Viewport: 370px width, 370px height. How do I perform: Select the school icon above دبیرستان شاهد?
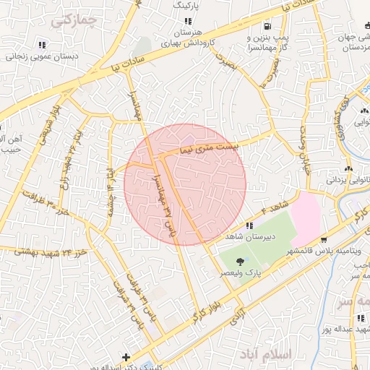(249, 225)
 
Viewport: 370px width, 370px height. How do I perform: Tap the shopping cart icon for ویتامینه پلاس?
(324, 240)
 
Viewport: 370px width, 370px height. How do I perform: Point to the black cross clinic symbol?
(126, 357)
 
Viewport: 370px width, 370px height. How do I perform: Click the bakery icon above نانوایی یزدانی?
(349, 168)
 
